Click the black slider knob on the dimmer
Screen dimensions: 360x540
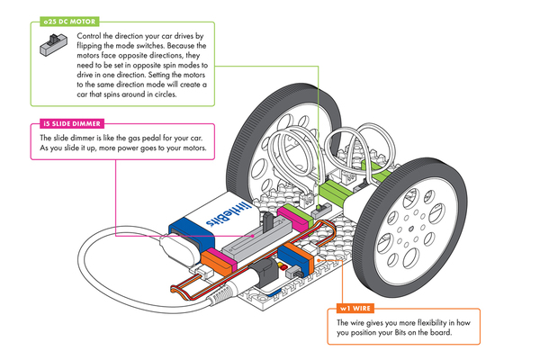coord(266,222)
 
